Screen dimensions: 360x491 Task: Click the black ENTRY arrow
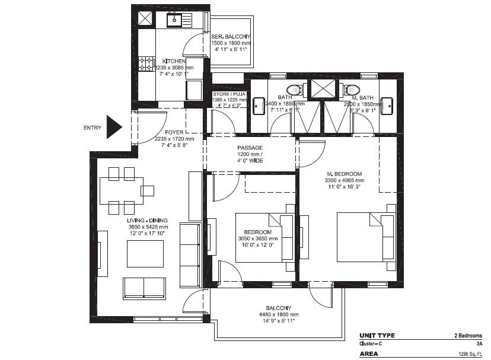[113, 127]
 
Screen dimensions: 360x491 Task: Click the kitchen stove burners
[146, 64]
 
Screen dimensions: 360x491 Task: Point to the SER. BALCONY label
[230, 37]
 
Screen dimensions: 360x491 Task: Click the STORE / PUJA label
[229, 93]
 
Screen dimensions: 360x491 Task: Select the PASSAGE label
[250, 148]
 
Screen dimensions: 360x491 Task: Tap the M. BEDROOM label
[344, 173]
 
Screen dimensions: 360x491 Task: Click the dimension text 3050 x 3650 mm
[257, 238]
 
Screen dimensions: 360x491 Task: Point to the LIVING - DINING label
[148, 220]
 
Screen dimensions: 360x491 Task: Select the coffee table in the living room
[145, 254]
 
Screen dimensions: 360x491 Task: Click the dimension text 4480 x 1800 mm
[278, 314]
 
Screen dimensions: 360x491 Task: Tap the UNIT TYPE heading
[377, 336]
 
